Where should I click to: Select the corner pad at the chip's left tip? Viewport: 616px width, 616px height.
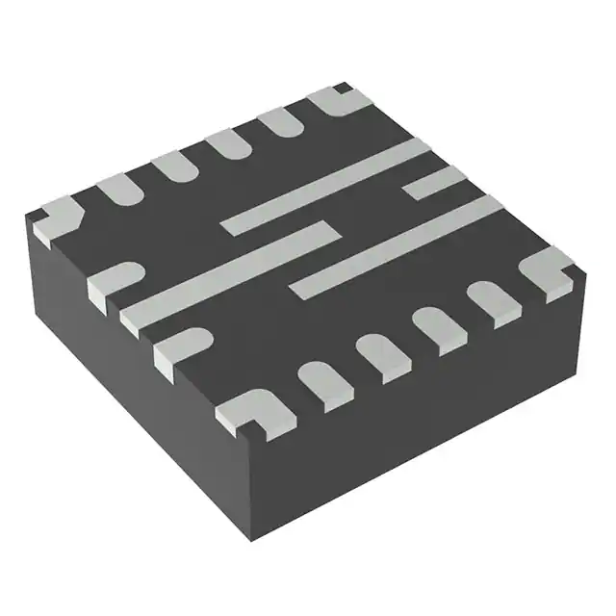58,215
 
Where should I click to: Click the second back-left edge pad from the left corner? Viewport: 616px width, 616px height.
174,165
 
